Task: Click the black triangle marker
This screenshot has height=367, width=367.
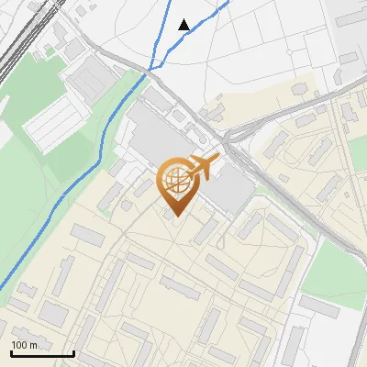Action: pyautogui.click(x=184, y=25)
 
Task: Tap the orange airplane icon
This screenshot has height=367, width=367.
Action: pyautogui.click(x=204, y=168)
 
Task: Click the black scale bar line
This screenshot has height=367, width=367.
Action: pyautogui.click(x=42, y=354)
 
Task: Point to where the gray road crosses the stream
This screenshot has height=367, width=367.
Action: pyautogui.click(x=149, y=70)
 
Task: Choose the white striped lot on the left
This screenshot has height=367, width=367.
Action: pyautogui.click(x=55, y=124)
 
